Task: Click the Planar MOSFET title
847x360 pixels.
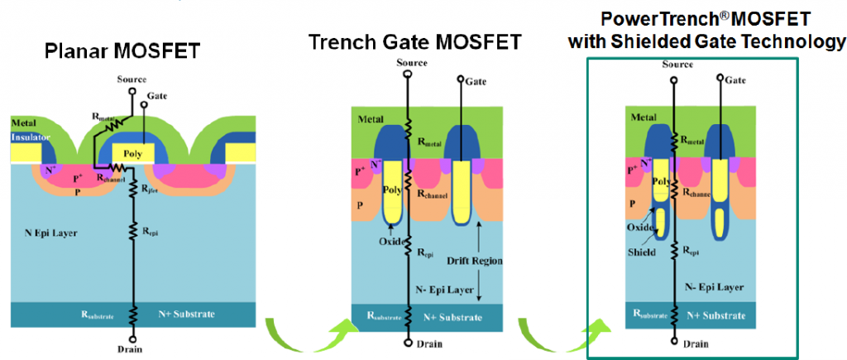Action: pos(122,51)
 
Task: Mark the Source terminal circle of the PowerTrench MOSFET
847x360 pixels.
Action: pos(674,81)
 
